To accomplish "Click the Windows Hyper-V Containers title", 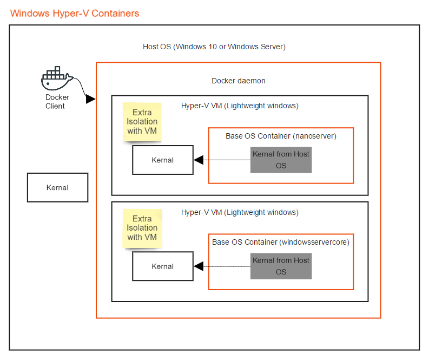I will point(75,13).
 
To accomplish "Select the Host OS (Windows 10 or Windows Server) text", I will point(214,47).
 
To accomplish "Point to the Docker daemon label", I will point(239,81).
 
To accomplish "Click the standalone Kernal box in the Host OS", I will point(57,187).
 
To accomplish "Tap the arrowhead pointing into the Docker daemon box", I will point(90,99).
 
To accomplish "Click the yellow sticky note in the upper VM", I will point(142,122).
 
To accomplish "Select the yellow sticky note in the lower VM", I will point(142,228).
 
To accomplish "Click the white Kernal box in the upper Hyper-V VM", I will point(163,160).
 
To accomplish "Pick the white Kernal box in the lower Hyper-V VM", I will point(163,266).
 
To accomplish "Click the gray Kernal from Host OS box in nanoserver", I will point(281,160).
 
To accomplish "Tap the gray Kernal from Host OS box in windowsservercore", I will point(281,266).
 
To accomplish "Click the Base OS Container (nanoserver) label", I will point(281,136).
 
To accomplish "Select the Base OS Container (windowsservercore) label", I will point(281,242).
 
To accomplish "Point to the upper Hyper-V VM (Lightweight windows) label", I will point(240,106).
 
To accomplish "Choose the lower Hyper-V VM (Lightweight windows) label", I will point(240,212).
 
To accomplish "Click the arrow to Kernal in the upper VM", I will point(222,160).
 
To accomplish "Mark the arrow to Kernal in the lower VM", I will point(222,266).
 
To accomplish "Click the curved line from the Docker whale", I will point(80,86).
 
